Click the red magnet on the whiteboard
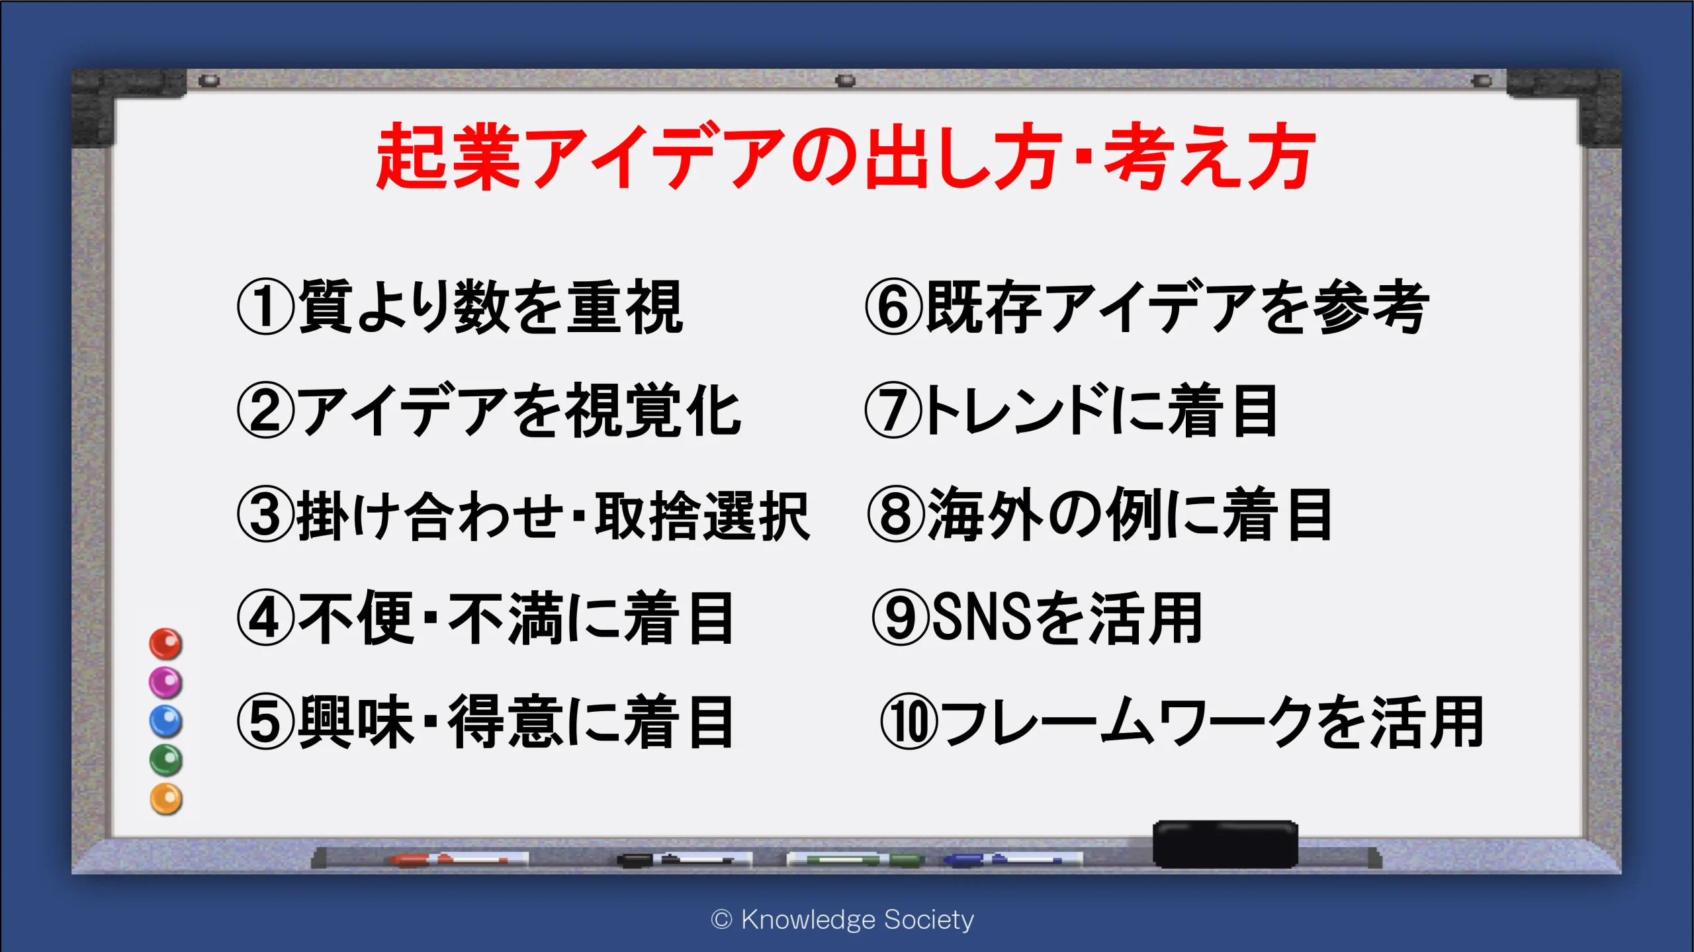point(165,644)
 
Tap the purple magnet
point(165,682)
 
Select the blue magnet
point(165,721)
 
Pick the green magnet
point(165,760)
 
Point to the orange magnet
point(165,799)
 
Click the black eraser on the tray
point(1226,844)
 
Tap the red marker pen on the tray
point(460,859)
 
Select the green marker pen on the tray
point(855,859)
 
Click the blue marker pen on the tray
point(1012,859)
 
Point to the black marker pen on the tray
point(684,859)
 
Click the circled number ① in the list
point(265,306)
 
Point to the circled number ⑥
point(894,306)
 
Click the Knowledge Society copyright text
point(842,920)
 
